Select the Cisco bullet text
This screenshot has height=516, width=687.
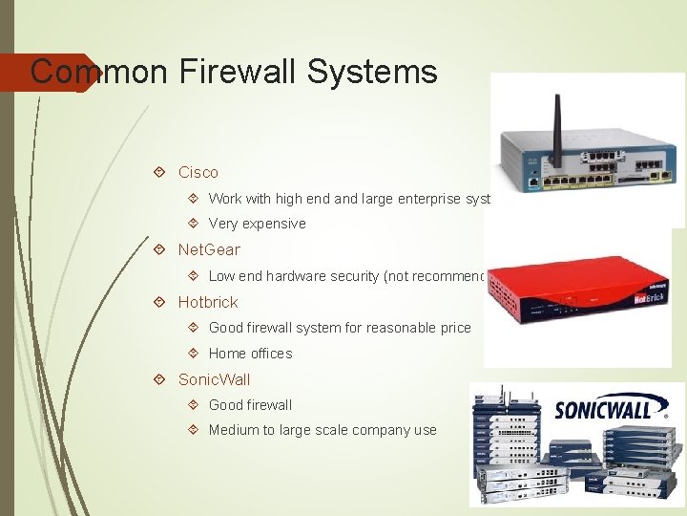(x=198, y=173)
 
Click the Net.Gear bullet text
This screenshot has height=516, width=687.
(x=209, y=250)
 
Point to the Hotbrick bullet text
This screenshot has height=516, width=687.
(x=208, y=302)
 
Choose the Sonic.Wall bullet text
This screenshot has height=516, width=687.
(x=214, y=379)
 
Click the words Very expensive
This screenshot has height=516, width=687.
(x=257, y=224)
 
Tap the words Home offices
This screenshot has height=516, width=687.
(x=250, y=354)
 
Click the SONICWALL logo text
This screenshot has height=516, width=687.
(x=603, y=409)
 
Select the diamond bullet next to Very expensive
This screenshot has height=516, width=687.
(x=193, y=224)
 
